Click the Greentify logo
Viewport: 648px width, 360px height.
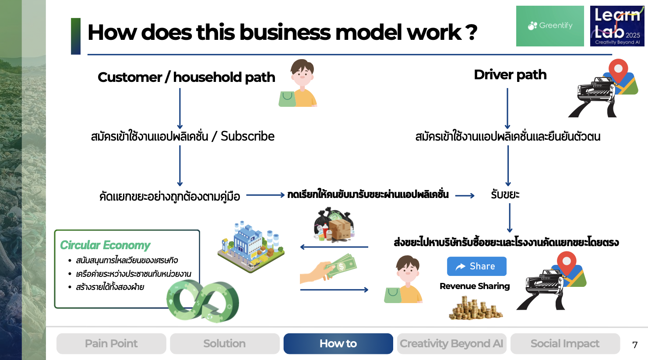[550, 26]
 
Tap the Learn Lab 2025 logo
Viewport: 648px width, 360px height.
[617, 26]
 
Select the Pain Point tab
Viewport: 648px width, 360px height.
[111, 344]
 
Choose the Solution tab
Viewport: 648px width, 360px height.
[225, 344]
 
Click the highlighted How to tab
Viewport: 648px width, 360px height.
[338, 344]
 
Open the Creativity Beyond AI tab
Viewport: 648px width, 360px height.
[451, 344]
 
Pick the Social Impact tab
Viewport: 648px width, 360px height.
[565, 344]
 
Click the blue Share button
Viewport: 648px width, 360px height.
[476, 266]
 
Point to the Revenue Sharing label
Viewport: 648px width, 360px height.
[475, 286]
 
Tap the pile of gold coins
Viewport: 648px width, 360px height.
[475, 307]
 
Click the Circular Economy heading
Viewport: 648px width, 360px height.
[105, 245]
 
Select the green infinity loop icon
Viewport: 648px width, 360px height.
[203, 301]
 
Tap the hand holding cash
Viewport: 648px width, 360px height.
[328, 268]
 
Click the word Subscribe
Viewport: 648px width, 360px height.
[247, 136]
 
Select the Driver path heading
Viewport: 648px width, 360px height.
[510, 75]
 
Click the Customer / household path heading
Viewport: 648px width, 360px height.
[187, 78]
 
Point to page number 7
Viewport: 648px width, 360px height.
[635, 345]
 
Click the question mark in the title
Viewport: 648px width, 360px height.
[471, 32]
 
